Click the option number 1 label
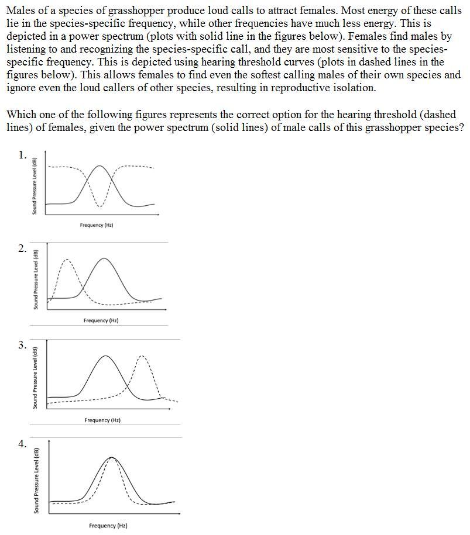22,155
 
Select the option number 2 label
22,249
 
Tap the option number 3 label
22,345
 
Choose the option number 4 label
22,444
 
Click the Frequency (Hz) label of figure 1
97,225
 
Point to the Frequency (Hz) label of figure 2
101,320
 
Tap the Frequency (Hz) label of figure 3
102,420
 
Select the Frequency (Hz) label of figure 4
108,526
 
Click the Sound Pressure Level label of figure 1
35,186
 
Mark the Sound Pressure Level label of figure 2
36,279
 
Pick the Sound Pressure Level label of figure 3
36,378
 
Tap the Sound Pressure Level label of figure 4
36,481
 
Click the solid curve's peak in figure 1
101,166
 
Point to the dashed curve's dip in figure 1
101,206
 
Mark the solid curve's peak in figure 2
104,258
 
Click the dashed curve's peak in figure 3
141,355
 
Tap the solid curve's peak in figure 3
105,355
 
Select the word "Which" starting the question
21,114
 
